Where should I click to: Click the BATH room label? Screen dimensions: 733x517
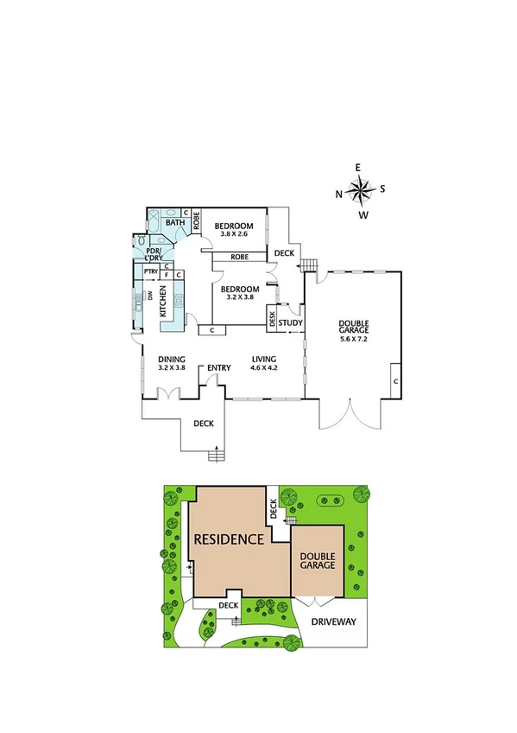pyautogui.click(x=175, y=223)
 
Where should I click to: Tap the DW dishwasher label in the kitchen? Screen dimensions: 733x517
pyautogui.click(x=149, y=296)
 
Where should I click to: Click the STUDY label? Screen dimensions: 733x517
pyautogui.click(x=291, y=324)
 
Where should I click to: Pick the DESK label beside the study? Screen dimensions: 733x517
pyautogui.click(x=273, y=320)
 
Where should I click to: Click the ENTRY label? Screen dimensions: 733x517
pyautogui.click(x=218, y=368)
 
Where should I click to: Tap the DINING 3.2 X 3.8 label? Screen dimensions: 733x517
pyautogui.click(x=172, y=363)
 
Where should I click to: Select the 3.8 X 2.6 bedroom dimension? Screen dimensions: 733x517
pyautogui.click(x=233, y=233)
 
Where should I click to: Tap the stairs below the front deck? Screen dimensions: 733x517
pyautogui.click(x=216, y=456)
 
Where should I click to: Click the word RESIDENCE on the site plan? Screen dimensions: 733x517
pyautogui.click(x=228, y=539)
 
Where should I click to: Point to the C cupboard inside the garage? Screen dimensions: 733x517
pyautogui.click(x=394, y=380)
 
